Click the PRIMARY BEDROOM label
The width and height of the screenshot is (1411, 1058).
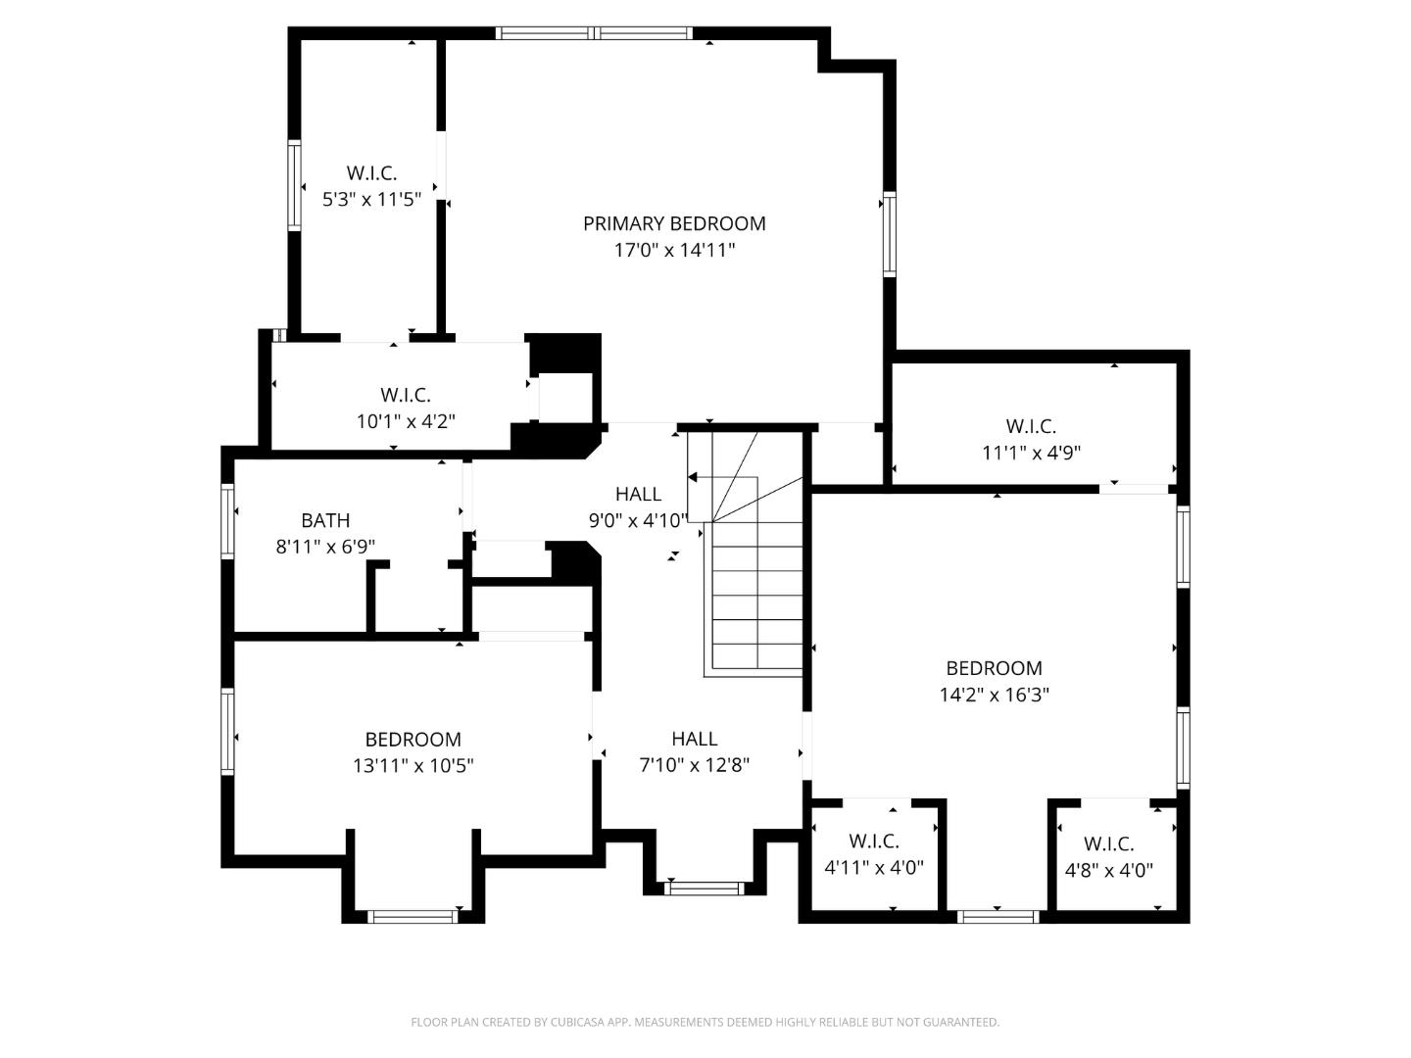tap(674, 223)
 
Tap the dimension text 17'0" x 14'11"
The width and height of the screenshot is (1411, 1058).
tap(674, 250)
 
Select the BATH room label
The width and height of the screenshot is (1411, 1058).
tap(325, 520)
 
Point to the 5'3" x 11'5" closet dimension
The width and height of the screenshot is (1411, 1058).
tap(371, 200)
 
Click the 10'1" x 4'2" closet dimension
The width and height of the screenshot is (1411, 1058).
tap(406, 421)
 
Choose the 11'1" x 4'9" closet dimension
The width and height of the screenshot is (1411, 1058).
tap(1031, 453)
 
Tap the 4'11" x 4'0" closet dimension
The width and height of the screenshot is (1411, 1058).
tap(874, 867)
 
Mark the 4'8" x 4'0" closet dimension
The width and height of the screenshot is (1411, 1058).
tap(1109, 870)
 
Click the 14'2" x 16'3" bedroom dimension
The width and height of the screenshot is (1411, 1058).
tap(994, 695)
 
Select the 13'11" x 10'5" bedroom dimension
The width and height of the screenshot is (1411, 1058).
tap(413, 765)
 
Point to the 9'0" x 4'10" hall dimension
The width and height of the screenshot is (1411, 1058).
tap(638, 520)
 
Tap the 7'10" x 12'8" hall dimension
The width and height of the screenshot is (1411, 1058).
tap(694, 765)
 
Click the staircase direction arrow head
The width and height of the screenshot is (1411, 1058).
tap(693, 478)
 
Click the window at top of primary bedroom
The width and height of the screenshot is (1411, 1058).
tap(595, 33)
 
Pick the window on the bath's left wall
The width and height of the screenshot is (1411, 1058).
tap(228, 520)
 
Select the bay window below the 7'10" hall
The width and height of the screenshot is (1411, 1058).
tap(704, 889)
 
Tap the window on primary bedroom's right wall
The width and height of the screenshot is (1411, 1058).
tap(890, 235)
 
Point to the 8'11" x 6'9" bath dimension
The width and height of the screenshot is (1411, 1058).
tap(325, 547)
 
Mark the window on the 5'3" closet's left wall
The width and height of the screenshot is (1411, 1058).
tap(294, 186)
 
